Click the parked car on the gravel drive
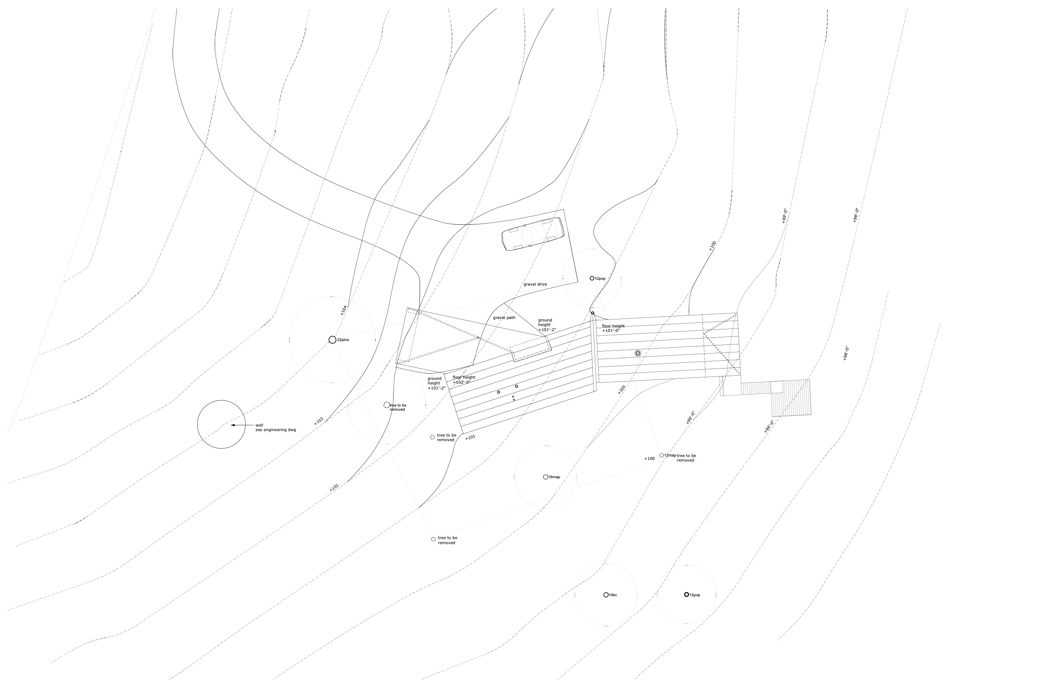pos(532,234)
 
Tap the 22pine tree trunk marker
pos(332,340)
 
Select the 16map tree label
pos(554,477)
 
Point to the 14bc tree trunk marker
pos(606,595)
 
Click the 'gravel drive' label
pos(535,284)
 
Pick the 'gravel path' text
pos(504,318)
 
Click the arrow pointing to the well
pos(238,425)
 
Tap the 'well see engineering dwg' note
pos(275,427)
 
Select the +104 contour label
pos(343,310)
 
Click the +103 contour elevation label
pos(318,421)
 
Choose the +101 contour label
pos(470,437)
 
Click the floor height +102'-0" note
pos(464,380)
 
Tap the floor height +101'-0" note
pos(613,329)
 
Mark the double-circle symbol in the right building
pos(638,354)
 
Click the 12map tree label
pos(669,455)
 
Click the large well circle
pos(221,424)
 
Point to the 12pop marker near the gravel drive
pos(592,279)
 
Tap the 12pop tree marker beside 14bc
pos(687,595)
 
